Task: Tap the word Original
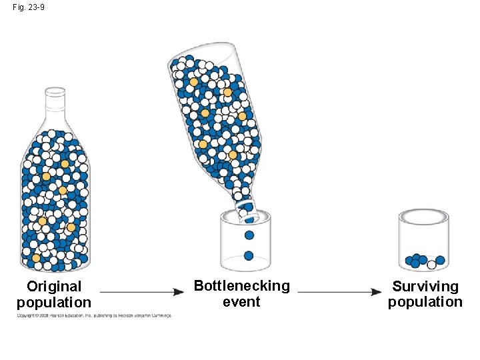[x=54, y=287]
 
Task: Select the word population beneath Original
[x=54, y=302]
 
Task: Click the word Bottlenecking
[x=241, y=286]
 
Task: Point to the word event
[x=241, y=301]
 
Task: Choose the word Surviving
[x=425, y=287]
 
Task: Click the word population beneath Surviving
[x=425, y=302]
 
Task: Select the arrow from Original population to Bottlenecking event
[x=142, y=291]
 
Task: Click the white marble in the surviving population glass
[x=431, y=265]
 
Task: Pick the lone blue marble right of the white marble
[x=440, y=260]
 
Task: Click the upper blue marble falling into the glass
[x=249, y=235]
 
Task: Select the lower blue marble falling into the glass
[x=249, y=255]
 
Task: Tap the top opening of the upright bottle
[x=55, y=89]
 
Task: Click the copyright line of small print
[x=94, y=315]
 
